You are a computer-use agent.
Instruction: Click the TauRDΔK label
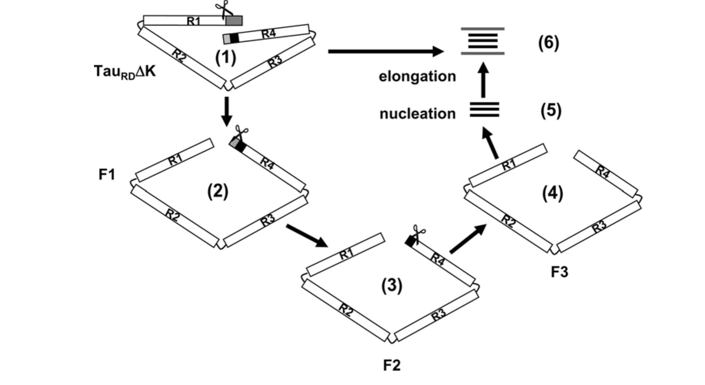coord(125,72)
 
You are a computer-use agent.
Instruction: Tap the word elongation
coord(417,76)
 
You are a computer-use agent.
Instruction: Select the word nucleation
coord(418,114)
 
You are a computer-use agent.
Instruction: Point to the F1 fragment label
coord(107,175)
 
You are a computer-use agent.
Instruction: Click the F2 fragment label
coord(392,365)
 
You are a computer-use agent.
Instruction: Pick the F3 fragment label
coord(559,272)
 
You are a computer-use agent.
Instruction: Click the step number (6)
coord(548,43)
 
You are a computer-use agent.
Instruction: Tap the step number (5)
coord(550,111)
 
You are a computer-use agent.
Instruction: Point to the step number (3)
coord(392,286)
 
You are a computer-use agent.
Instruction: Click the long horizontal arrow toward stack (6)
coord(385,51)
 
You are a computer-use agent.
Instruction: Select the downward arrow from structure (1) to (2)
coord(227,111)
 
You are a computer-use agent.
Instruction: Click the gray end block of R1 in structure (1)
coord(234,20)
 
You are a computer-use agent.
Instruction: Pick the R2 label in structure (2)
coord(172,215)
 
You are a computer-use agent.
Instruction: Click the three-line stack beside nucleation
coord(484,110)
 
